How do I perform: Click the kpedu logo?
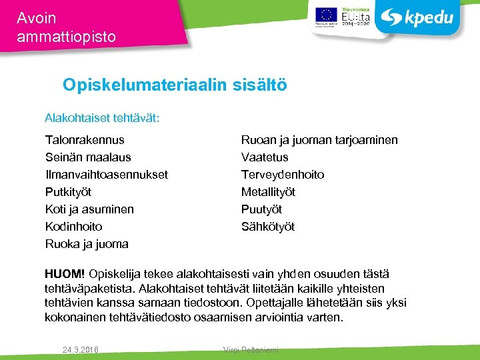pos(419,18)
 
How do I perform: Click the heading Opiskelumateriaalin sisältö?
pos(175,85)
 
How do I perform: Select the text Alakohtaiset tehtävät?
pos(102,119)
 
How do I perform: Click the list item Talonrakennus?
pos(85,140)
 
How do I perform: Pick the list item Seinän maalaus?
pos(88,157)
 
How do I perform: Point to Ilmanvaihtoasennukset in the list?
pos(107,175)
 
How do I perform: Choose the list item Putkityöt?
pos(69,192)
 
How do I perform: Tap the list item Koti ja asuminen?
pos(89,209)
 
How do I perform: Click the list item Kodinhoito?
pos(74,227)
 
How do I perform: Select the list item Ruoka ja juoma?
pos(87,244)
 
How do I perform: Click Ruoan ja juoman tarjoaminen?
pos(319,140)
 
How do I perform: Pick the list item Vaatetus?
pos(265,157)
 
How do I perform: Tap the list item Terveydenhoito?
pos(283,175)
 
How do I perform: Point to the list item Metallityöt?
pos(268,192)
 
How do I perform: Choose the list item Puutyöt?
pos(261,209)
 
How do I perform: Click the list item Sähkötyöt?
pos(268,227)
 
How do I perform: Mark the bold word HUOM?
pos(65,274)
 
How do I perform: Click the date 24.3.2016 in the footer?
pos(80,349)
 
